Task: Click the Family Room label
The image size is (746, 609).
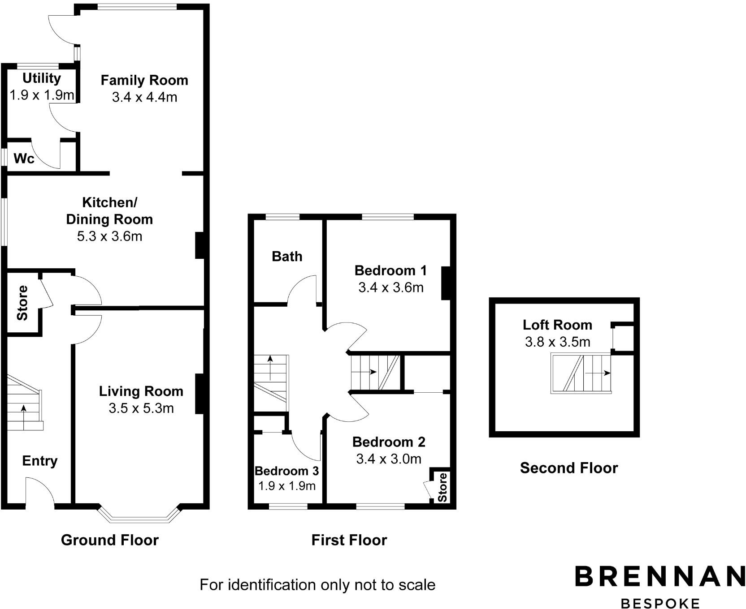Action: pos(144,81)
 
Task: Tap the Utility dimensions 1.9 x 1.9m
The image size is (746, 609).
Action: pos(42,95)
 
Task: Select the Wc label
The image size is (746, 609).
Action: pos(24,159)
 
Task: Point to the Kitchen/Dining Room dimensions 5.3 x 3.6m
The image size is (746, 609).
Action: pos(109,236)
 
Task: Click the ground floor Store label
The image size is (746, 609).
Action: pos(22,303)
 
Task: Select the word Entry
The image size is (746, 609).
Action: pos(40,461)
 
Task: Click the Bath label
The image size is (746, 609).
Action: pos(287,257)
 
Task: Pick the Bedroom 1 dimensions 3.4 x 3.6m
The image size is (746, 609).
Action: pos(390,287)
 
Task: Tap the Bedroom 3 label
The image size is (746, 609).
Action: pos(286,471)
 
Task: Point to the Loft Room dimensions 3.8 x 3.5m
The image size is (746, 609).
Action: pos(557,342)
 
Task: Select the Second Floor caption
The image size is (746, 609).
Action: pos(568,468)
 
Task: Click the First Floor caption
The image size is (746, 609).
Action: pos(349,540)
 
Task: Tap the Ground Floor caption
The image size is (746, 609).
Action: pos(110,540)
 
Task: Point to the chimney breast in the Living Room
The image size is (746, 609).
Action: pos(200,394)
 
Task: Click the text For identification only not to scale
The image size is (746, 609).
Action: pos(317,585)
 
